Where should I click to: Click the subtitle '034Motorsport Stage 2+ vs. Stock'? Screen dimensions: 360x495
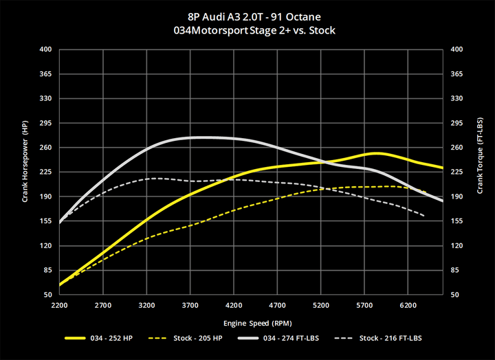pyautogui.click(x=247, y=30)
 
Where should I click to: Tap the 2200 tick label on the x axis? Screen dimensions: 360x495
pyautogui.click(x=60, y=304)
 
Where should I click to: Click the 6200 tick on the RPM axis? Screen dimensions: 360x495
pyautogui.click(x=409, y=304)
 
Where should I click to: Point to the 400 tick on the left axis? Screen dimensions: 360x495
pyautogui.click(x=46, y=49)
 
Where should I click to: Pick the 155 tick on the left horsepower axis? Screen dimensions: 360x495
pyautogui.click(x=46, y=221)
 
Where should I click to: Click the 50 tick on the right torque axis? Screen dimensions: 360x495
pyautogui.click(x=456, y=295)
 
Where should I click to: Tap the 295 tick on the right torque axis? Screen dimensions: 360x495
pyautogui.click(x=456, y=123)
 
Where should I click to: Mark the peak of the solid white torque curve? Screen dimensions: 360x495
pyautogui.click(x=199, y=137)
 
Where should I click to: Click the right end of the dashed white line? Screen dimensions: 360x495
pyautogui.click(x=425, y=216)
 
